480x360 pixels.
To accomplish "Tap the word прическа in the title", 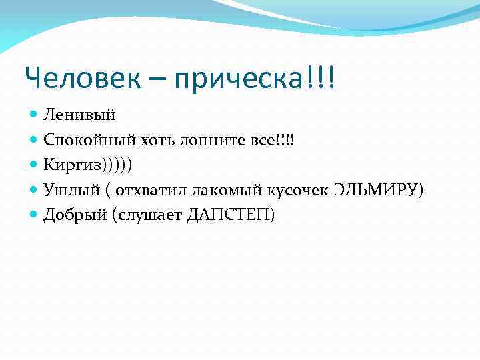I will point(244,81).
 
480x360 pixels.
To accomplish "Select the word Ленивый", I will point(79,115).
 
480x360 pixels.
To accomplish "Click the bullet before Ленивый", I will point(35,115).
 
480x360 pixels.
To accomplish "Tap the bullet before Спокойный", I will point(35,140).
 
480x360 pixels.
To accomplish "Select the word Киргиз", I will point(71,165).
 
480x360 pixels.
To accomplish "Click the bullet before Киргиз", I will point(35,165).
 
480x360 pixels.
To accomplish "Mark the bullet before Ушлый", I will point(35,190).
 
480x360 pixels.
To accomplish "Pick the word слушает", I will point(146,215).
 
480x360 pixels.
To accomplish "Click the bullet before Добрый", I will point(35,215).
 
